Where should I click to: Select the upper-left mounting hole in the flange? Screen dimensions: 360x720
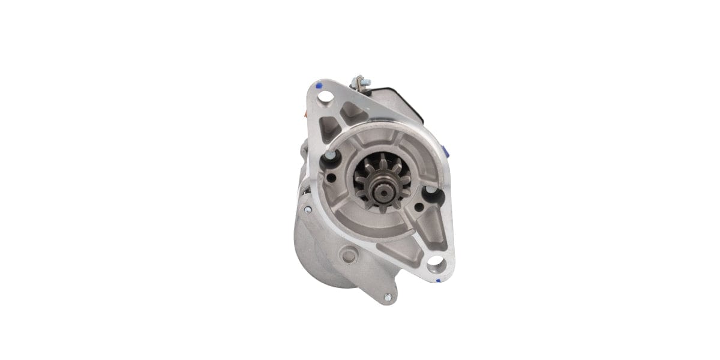pyautogui.click(x=325, y=96)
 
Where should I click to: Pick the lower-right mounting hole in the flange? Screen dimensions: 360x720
pyautogui.click(x=436, y=261)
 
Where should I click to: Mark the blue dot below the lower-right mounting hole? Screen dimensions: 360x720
pyautogui.click(x=438, y=280)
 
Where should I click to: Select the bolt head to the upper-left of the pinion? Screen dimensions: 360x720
pyautogui.click(x=330, y=157)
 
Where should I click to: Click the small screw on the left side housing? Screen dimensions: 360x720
pyautogui.click(x=308, y=209)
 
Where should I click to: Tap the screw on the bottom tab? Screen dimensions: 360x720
pyautogui.click(x=388, y=296)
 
